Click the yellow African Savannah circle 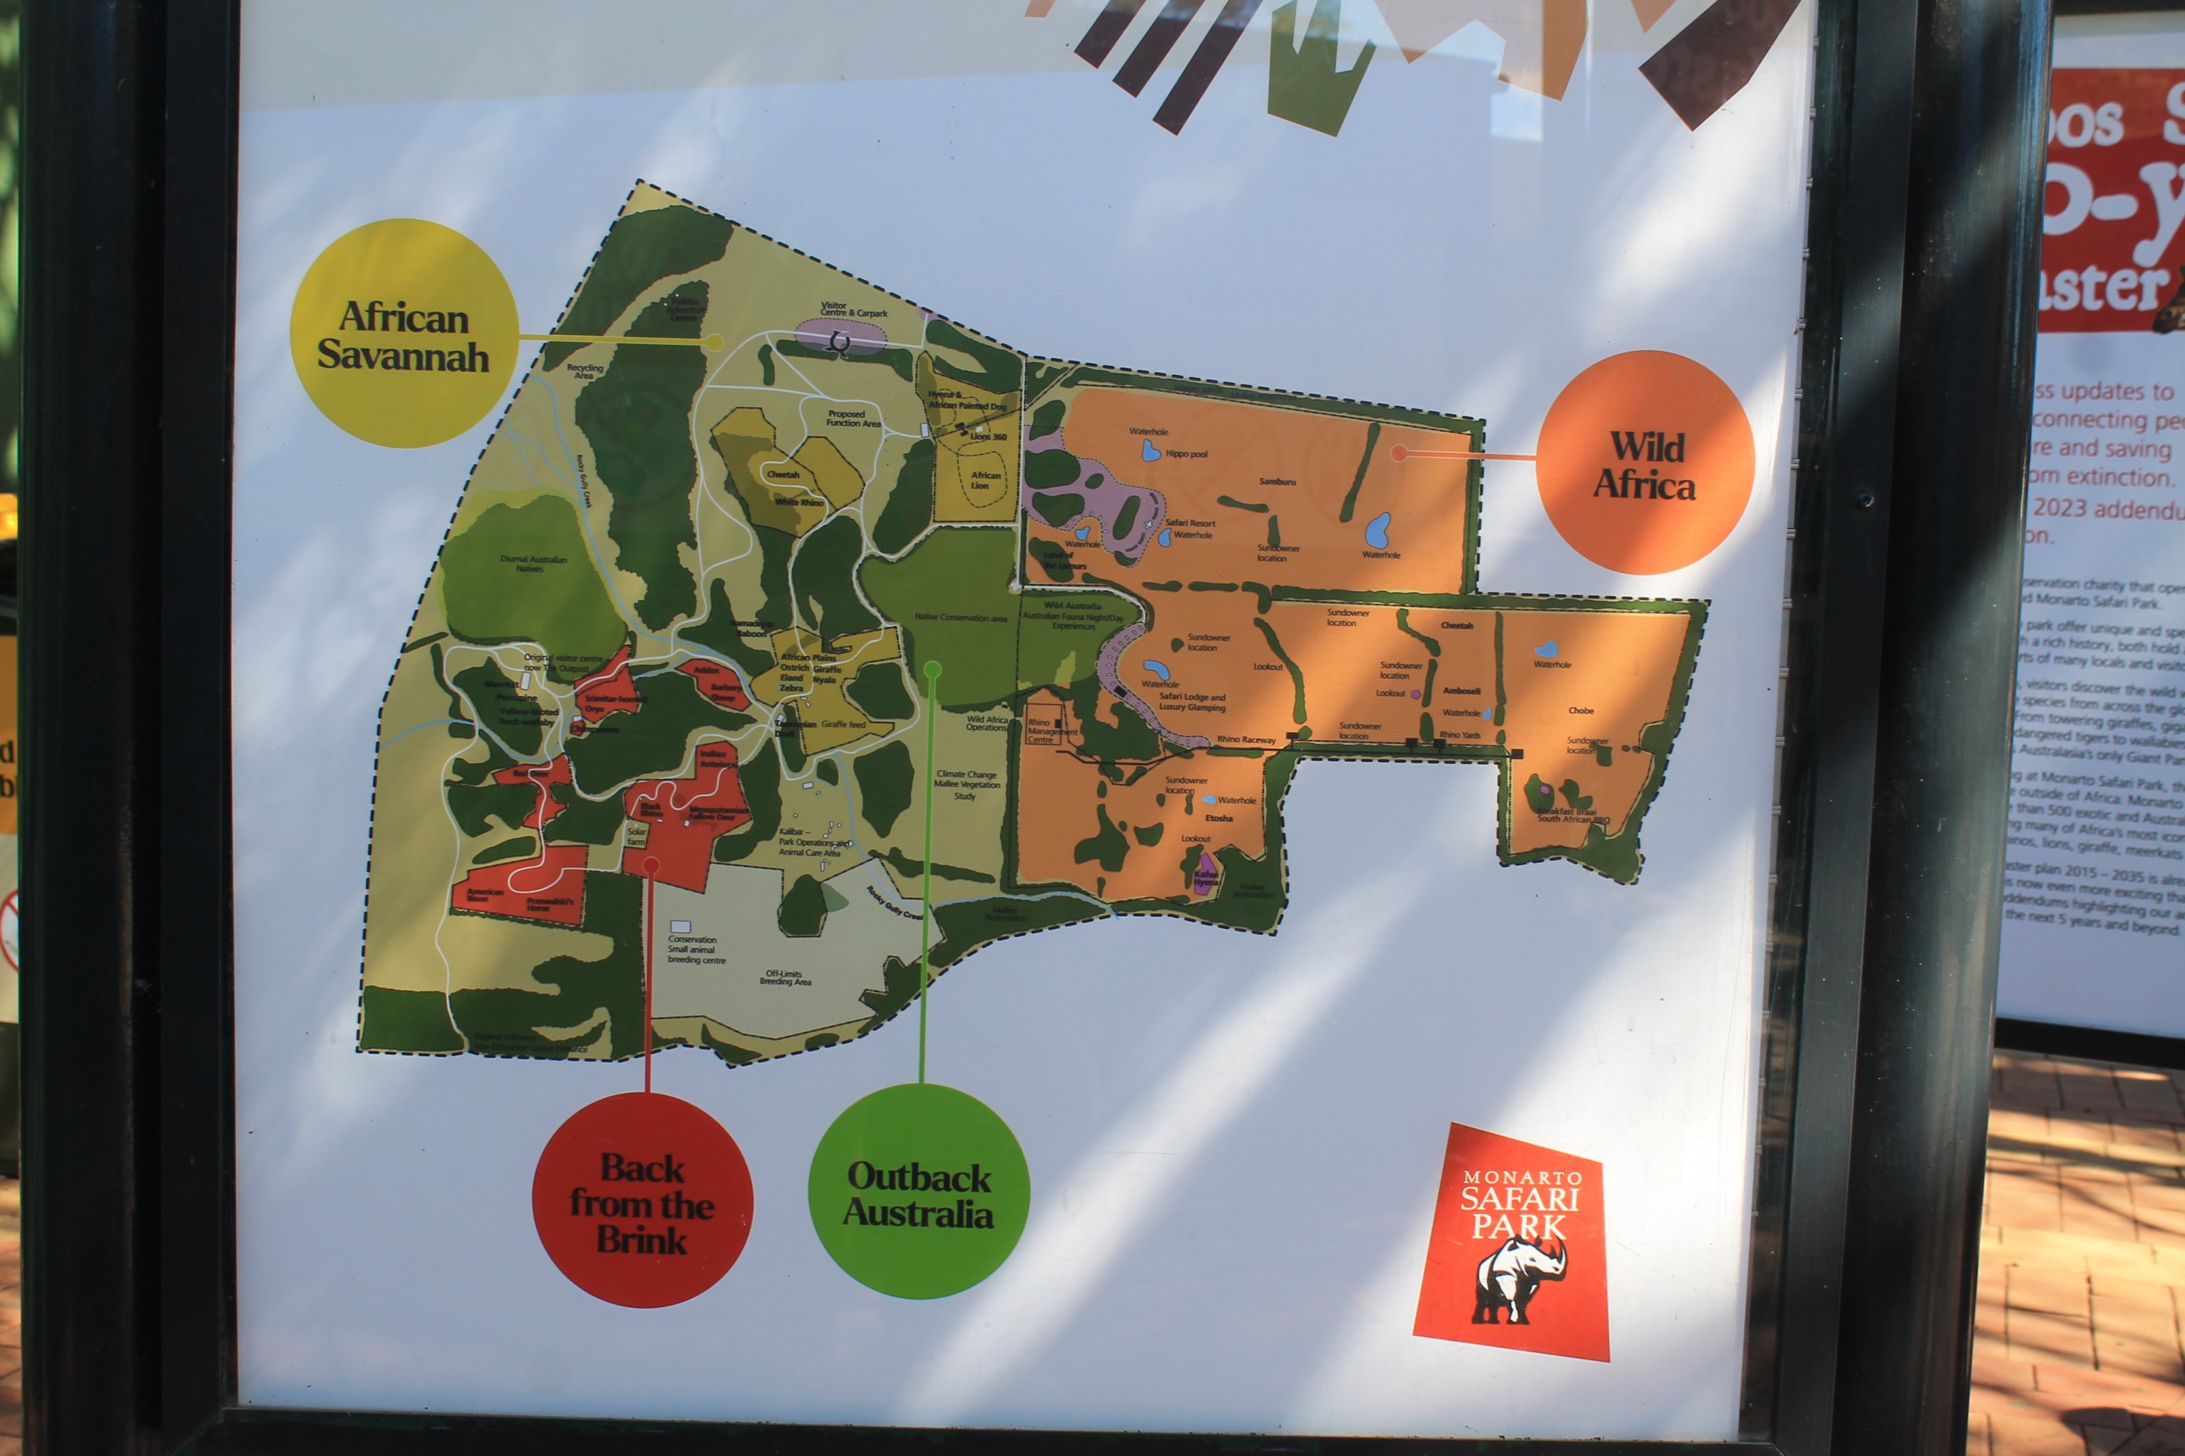click(x=403, y=334)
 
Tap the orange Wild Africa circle click(x=1644, y=462)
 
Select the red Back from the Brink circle click(x=642, y=1200)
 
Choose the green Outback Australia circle click(x=919, y=1191)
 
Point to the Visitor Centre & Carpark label click(x=853, y=309)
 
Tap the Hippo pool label click(x=1186, y=454)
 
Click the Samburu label click(x=1277, y=482)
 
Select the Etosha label click(x=1219, y=818)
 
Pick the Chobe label click(x=1581, y=710)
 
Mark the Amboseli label click(x=1461, y=691)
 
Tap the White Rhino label click(x=799, y=502)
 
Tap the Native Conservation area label click(x=960, y=617)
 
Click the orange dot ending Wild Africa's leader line click(x=1398, y=452)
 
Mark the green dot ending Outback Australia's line click(x=933, y=669)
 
